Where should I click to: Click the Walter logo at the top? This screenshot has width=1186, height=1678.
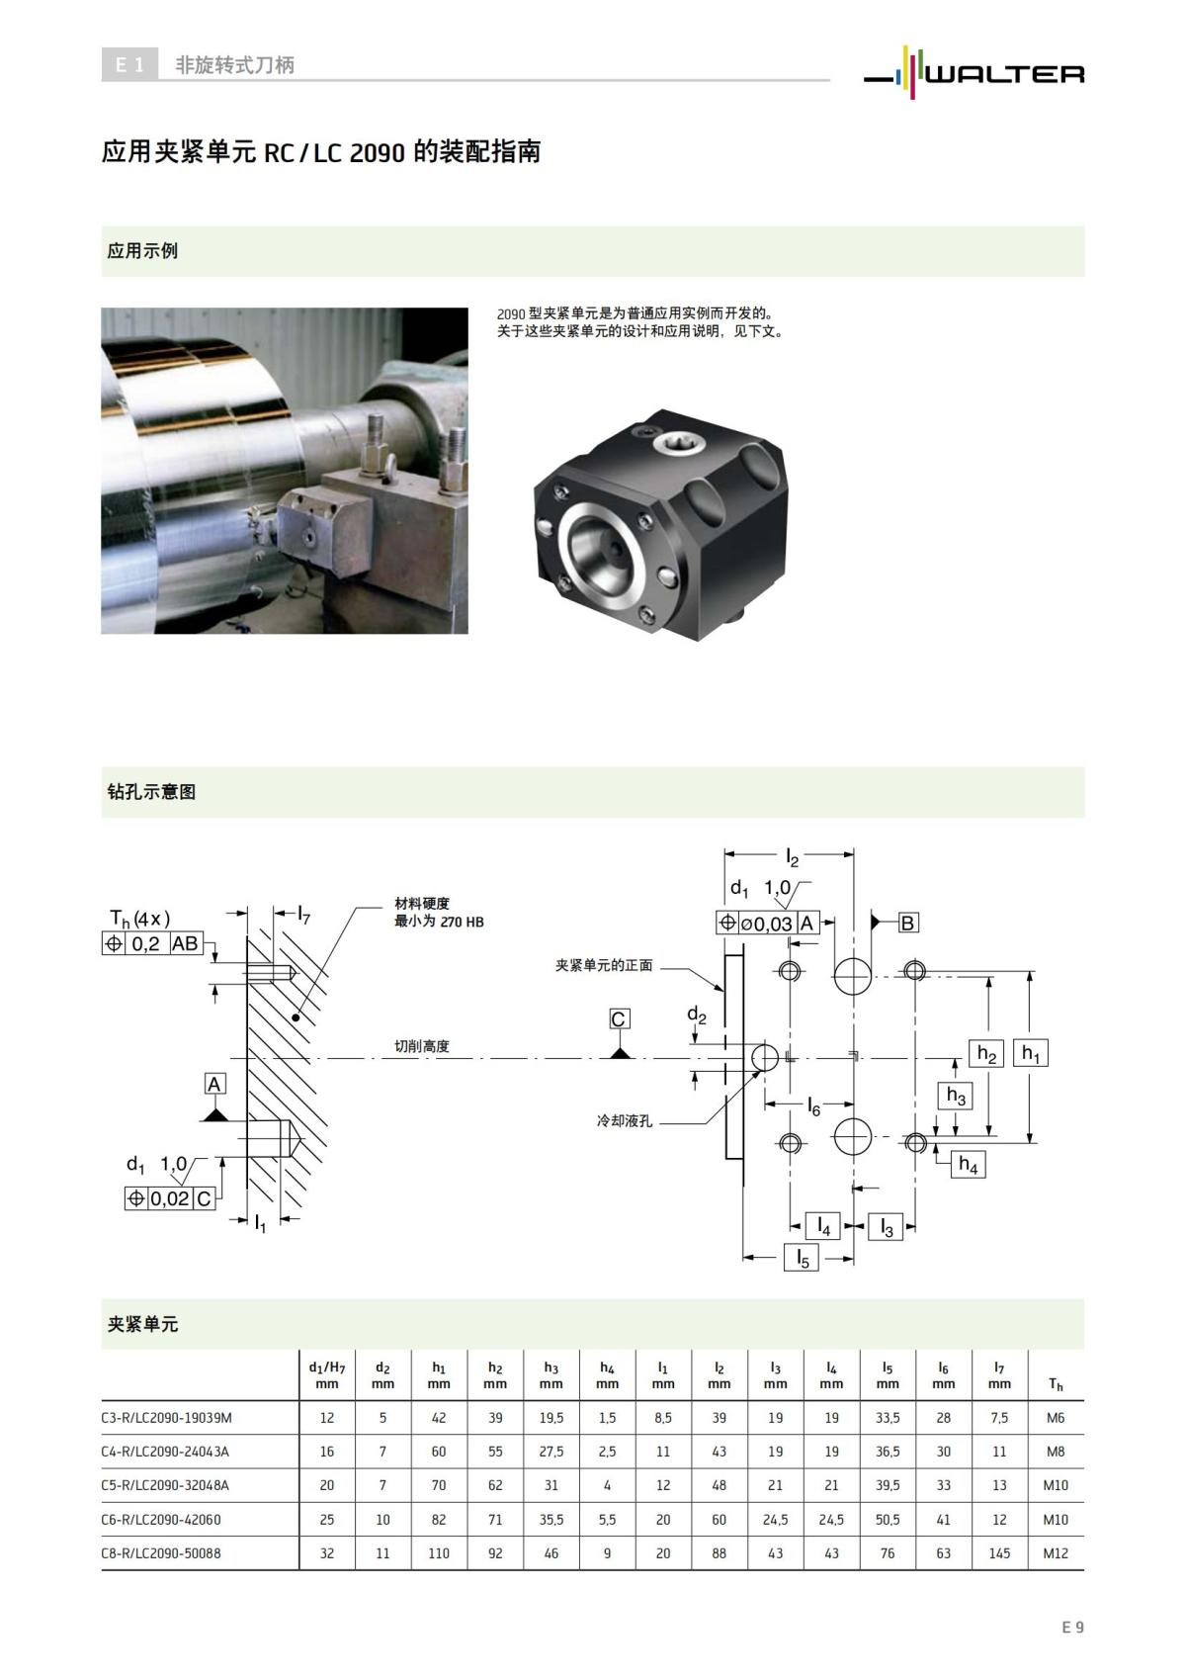(974, 70)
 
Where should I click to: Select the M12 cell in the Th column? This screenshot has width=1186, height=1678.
(1056, 1553)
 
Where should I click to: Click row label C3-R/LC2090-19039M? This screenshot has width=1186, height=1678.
(167, 1418)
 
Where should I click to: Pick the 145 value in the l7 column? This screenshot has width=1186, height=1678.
(999, 1553)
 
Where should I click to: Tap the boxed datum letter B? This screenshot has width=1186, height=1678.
(907, 923)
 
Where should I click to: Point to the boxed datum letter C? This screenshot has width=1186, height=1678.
(619, 1019)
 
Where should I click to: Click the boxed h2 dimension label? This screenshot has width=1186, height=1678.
(986, 1054)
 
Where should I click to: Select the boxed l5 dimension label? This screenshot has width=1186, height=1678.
(802, 1258)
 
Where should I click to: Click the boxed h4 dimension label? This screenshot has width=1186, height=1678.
(968, 1165)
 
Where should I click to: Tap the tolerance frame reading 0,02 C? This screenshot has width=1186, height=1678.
(170, 1198)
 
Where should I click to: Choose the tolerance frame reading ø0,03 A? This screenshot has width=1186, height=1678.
(768, 924)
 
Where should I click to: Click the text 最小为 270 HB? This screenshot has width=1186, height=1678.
(439, 922)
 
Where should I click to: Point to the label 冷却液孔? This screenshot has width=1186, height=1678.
(625, 1121)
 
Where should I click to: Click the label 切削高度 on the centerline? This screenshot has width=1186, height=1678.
(422, 1046)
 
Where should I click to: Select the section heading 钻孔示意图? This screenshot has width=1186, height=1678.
(151, 792)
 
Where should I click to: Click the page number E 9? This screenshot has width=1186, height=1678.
(1072, 1627)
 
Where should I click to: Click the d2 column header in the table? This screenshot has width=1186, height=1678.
(382, 1375)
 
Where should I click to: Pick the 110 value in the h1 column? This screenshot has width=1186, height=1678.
(439, 1553)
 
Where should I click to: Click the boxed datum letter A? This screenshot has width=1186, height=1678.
(214, 1084)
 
